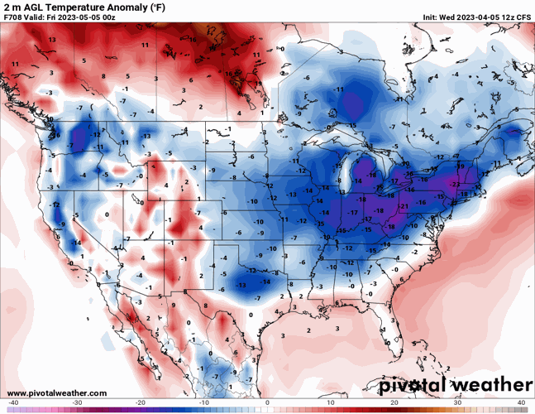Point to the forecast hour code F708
point(14,17)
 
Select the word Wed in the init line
point(435,17)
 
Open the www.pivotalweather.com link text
point(57,392)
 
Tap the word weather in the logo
point(492,386)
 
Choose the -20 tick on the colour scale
point(141,402)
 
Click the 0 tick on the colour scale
point(267,402)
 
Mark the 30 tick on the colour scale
point(457,402)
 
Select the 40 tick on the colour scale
point(521,402)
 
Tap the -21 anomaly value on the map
point(404,206)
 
